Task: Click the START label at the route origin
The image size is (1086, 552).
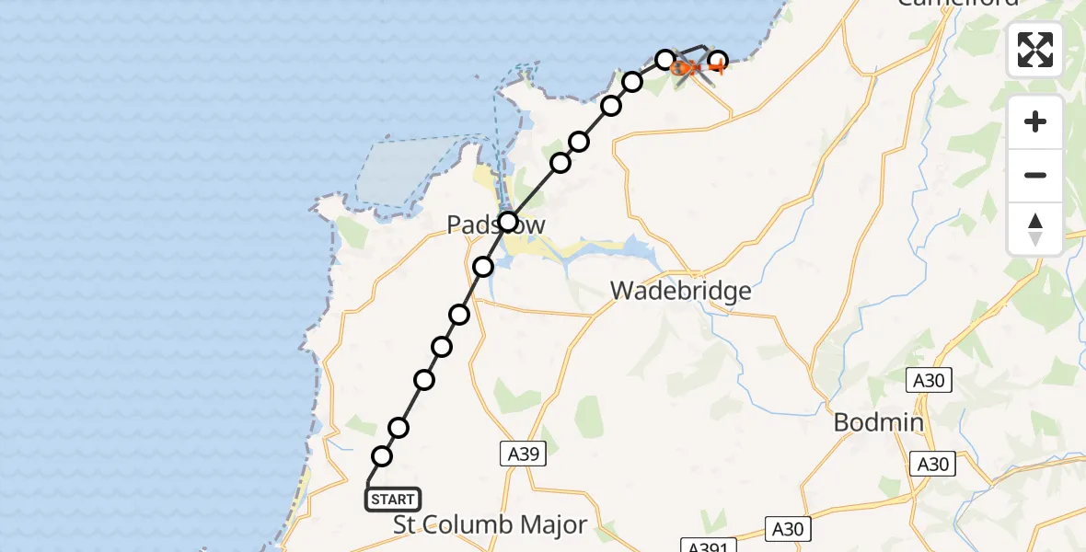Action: point(393,500)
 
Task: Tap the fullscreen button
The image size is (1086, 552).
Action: point(1035,50)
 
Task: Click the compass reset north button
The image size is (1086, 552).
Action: point(1035,230)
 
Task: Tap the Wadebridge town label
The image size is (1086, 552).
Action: point(681,292)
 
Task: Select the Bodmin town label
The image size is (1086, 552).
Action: point(878,422)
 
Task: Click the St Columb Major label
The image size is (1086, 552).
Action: point(490,525)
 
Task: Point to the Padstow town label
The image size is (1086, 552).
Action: point(496,224)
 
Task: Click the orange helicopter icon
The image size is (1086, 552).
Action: point(687,67)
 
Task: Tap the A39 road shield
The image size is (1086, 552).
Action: point(525,453)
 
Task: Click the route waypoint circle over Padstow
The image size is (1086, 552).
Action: point(508,222)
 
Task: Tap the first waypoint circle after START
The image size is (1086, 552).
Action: point(382,456)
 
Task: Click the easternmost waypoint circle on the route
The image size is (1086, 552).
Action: point(718,62)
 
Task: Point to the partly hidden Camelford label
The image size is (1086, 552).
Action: point(958,3)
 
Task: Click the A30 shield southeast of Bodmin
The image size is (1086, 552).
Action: point(933,465)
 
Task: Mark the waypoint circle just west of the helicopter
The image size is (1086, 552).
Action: point(665,60)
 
